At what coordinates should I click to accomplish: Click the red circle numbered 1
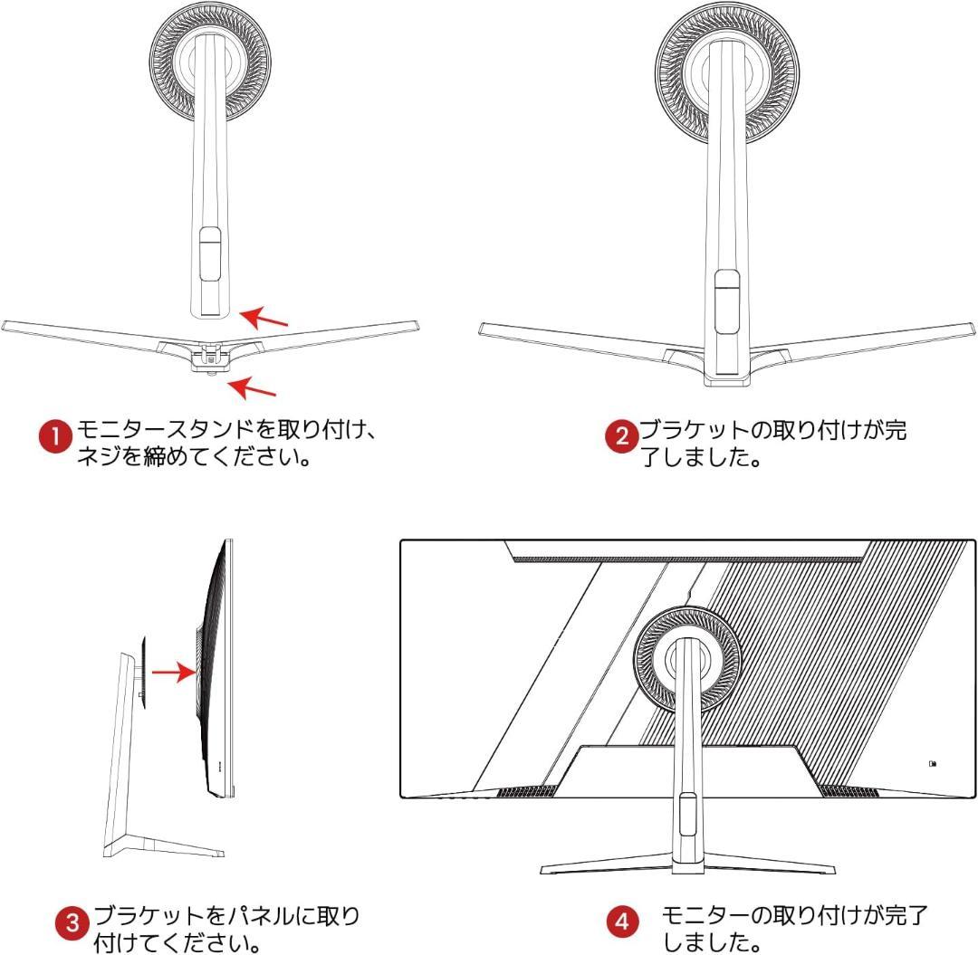55,436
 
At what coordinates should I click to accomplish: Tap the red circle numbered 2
622,436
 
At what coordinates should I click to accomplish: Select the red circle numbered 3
72,922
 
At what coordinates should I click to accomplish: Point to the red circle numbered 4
622,922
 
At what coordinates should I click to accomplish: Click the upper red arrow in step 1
264,318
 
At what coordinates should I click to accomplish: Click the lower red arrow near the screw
252,387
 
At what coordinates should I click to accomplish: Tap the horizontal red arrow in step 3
174,672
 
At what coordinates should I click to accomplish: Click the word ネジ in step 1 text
99,457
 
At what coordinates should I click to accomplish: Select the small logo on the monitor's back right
933,764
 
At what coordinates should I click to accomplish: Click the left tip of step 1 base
3,325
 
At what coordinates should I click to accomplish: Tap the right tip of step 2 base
973,329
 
